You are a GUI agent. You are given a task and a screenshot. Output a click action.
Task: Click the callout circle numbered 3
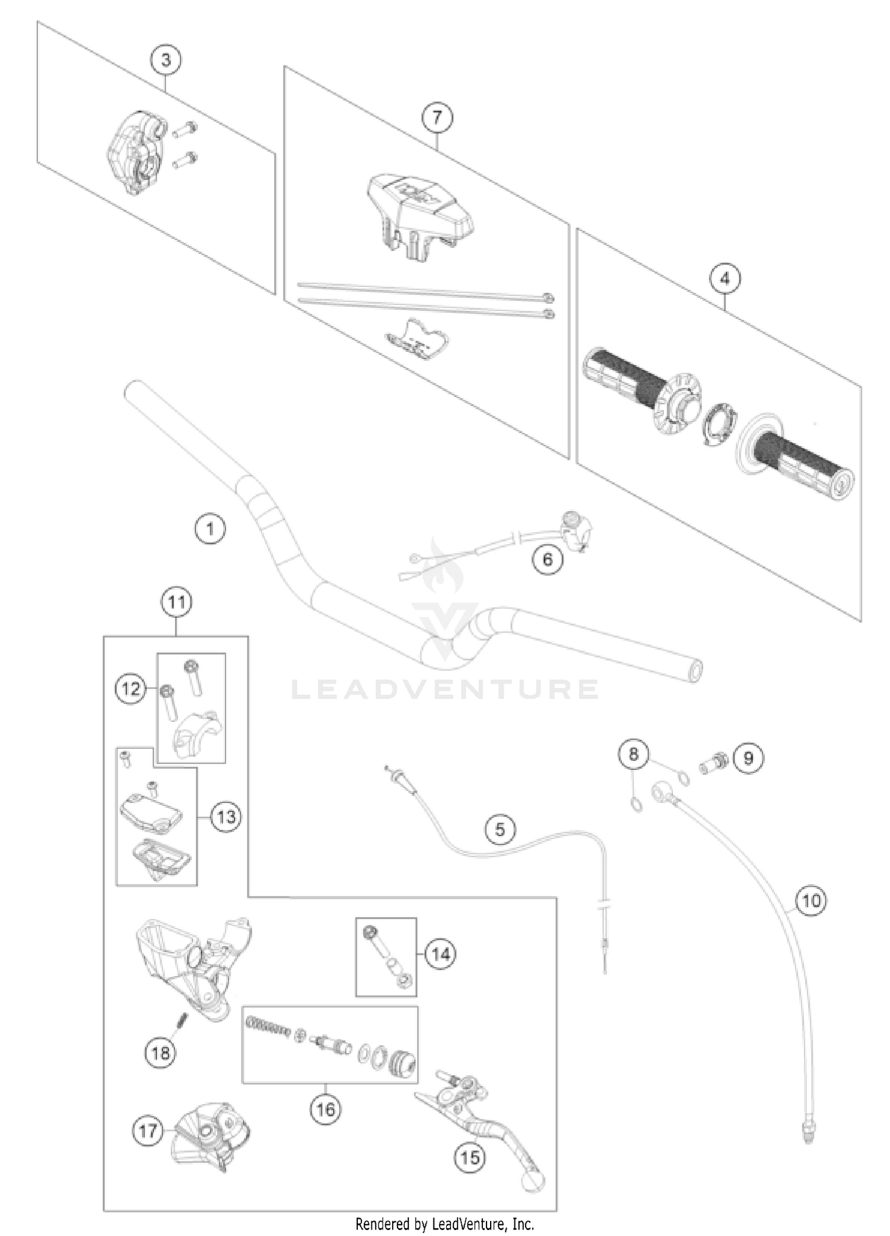(x=166, y=60)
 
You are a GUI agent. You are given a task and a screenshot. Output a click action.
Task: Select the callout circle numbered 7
(x=437, y=117)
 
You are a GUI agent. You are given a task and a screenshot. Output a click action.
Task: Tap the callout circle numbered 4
(x=725, y=278)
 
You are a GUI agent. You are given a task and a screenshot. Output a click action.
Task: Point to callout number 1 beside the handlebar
(x=210, y=528)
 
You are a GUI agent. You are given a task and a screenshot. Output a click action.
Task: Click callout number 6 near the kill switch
(x=548, y=558)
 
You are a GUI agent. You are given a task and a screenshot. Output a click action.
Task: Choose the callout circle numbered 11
(x=177, y=602)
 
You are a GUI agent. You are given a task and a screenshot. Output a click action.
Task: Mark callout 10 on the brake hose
(x=810, y=900)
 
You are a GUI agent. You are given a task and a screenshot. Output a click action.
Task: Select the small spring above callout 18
(x=183, y=1020)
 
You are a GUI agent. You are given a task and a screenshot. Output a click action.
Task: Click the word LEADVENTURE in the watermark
(x=445, y=690)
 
